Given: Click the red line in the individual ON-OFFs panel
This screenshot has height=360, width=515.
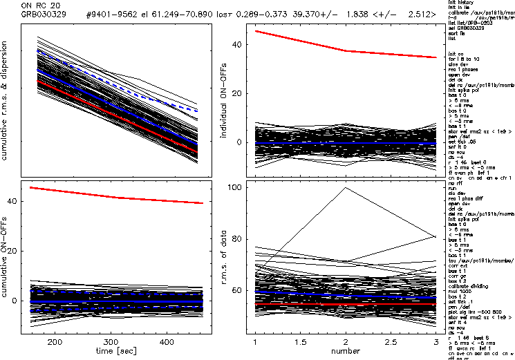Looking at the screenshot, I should point(346,50).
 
